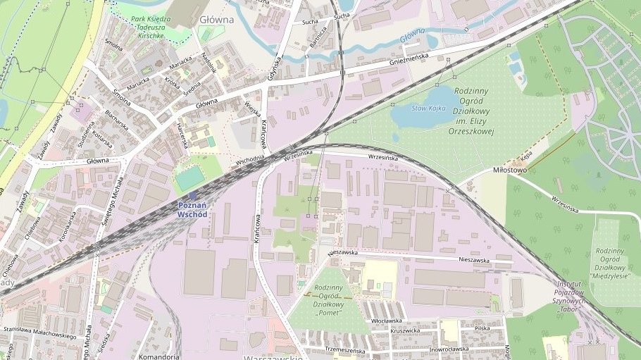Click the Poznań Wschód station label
click(x=192, y=209)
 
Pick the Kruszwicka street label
click(x=405, y=330)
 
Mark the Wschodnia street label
click(x=250, y=159)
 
